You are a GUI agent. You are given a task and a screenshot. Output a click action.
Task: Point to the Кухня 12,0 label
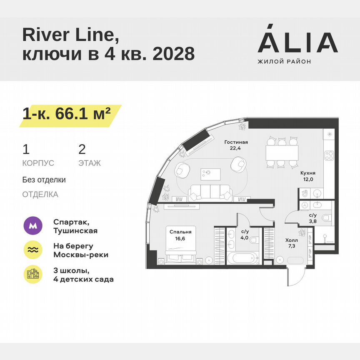point(307,176)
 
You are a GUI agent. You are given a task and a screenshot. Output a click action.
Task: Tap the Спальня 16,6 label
point(180,235)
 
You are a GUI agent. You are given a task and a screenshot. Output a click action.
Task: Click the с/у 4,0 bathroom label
point(245,235)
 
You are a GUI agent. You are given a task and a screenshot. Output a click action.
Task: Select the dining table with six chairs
point(282,152)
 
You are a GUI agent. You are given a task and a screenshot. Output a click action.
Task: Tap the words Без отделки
point(44,180)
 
